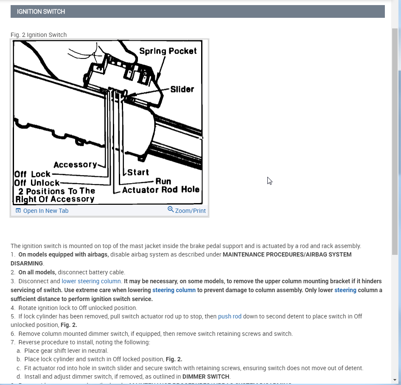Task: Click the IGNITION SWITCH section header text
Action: click(x=41, y=11)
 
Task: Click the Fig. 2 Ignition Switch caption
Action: click(x=39, y=35)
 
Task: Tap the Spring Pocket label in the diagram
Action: click(x=168, y=51)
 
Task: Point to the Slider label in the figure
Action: click(x=182, y=89)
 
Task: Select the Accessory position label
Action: click(x=75, y=165)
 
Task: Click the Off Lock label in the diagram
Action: click(x=32, y=174)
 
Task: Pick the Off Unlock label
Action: click(x=37, y=183)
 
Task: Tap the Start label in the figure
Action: click(x=138, y=172)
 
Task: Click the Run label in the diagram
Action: click(x=163, y=181)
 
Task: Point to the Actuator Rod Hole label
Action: click(x=161, y=190)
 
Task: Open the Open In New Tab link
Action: click(x=45, y=211)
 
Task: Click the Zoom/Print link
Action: click(x=190, y=211)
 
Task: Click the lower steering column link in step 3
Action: click(x=91, y=281)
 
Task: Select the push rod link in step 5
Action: click(x=230, y=316)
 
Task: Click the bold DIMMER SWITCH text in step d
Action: click(x=206, y=377)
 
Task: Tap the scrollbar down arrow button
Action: click(x=395, y=379)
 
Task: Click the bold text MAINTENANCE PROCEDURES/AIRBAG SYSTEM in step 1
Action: click(x=287, y=254)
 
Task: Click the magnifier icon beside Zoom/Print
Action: click(x=171, y=209)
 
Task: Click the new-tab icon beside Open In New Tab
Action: click(x=18, y=211)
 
